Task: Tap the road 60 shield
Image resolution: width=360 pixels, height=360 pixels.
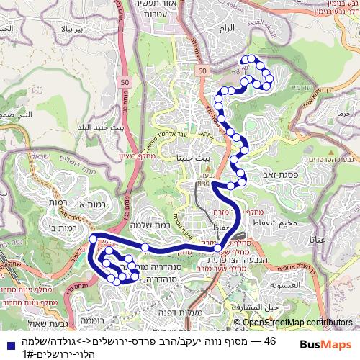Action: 203,71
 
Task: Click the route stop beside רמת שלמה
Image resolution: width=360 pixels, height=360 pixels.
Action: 145,248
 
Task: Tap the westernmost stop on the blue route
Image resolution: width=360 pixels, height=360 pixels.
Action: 92,239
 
